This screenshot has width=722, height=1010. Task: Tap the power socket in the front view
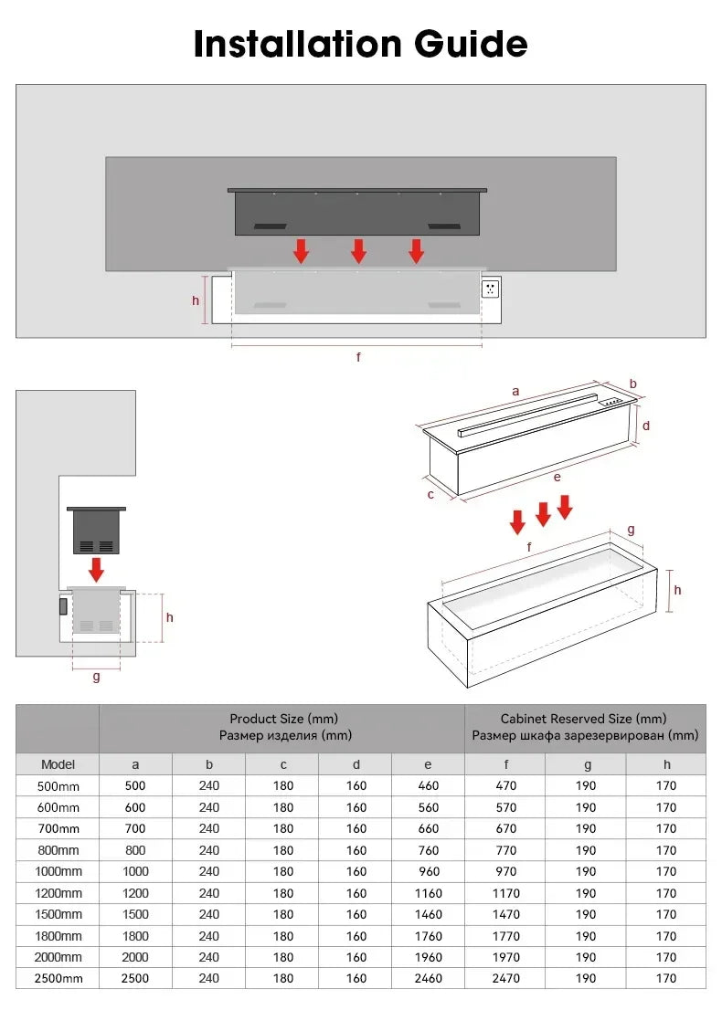pos(490,289)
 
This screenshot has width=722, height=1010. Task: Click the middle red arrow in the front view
pos(359,251)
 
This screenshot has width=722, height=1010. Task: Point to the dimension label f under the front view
pos(358,357)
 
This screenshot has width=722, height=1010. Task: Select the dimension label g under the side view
pos(96,677)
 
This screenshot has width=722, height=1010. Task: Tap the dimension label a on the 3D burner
pos(515,391)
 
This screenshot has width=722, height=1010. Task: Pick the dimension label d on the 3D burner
pos(645,426)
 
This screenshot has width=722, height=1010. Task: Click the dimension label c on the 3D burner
pos(430,494)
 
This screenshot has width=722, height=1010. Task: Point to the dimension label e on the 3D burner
pos(557,476)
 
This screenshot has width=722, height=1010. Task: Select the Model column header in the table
pos(58,764)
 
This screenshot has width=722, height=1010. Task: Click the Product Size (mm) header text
pos(283,720)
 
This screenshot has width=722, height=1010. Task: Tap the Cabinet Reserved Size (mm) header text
pos(584,720)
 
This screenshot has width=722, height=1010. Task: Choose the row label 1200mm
pos(58,893)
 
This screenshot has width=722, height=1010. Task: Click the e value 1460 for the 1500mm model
pos(428,914)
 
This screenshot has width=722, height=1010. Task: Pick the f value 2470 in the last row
pos(505,978)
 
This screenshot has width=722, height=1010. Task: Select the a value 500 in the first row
pos(135,785)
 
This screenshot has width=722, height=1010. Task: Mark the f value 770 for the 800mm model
pos(505,850)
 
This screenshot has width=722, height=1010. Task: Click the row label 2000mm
pos(58,957)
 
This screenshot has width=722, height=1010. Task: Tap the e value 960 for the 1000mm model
pos(428,871)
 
